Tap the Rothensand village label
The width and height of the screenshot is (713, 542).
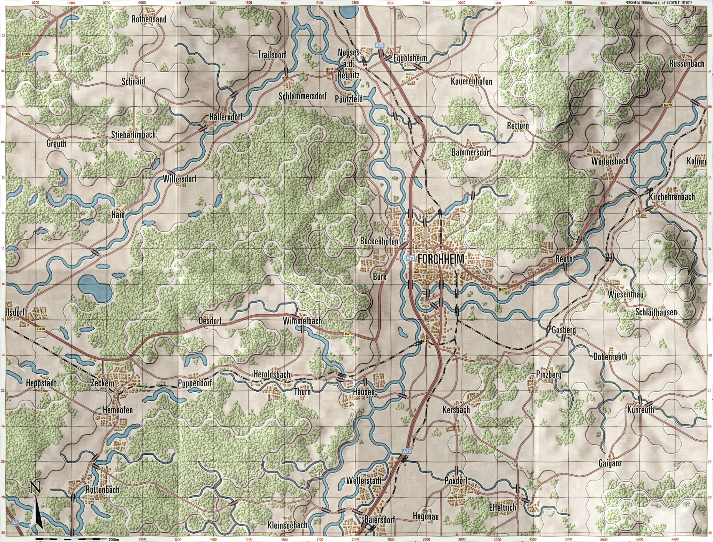(x=149, y=19)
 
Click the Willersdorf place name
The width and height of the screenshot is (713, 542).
(x=179, y=179)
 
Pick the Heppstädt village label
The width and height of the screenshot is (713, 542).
(x=42, y=384)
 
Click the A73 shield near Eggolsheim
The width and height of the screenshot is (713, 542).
(x=379, y=46)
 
